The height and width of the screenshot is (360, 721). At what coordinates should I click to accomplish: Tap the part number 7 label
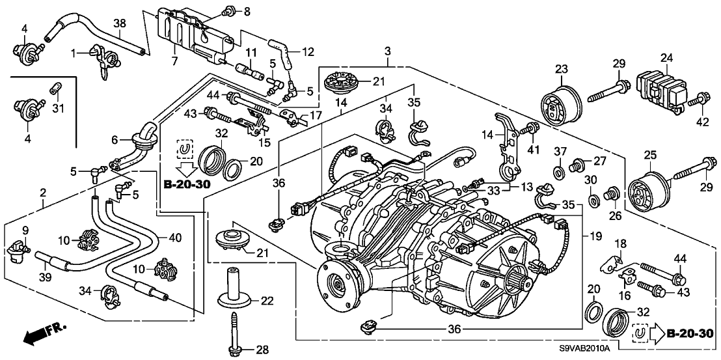click(174, 61)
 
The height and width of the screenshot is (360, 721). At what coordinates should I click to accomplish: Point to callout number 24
click(666, 57)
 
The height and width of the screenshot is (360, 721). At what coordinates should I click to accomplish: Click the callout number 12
click(308, 49)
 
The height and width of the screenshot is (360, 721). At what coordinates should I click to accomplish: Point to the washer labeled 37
click(559, 173)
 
